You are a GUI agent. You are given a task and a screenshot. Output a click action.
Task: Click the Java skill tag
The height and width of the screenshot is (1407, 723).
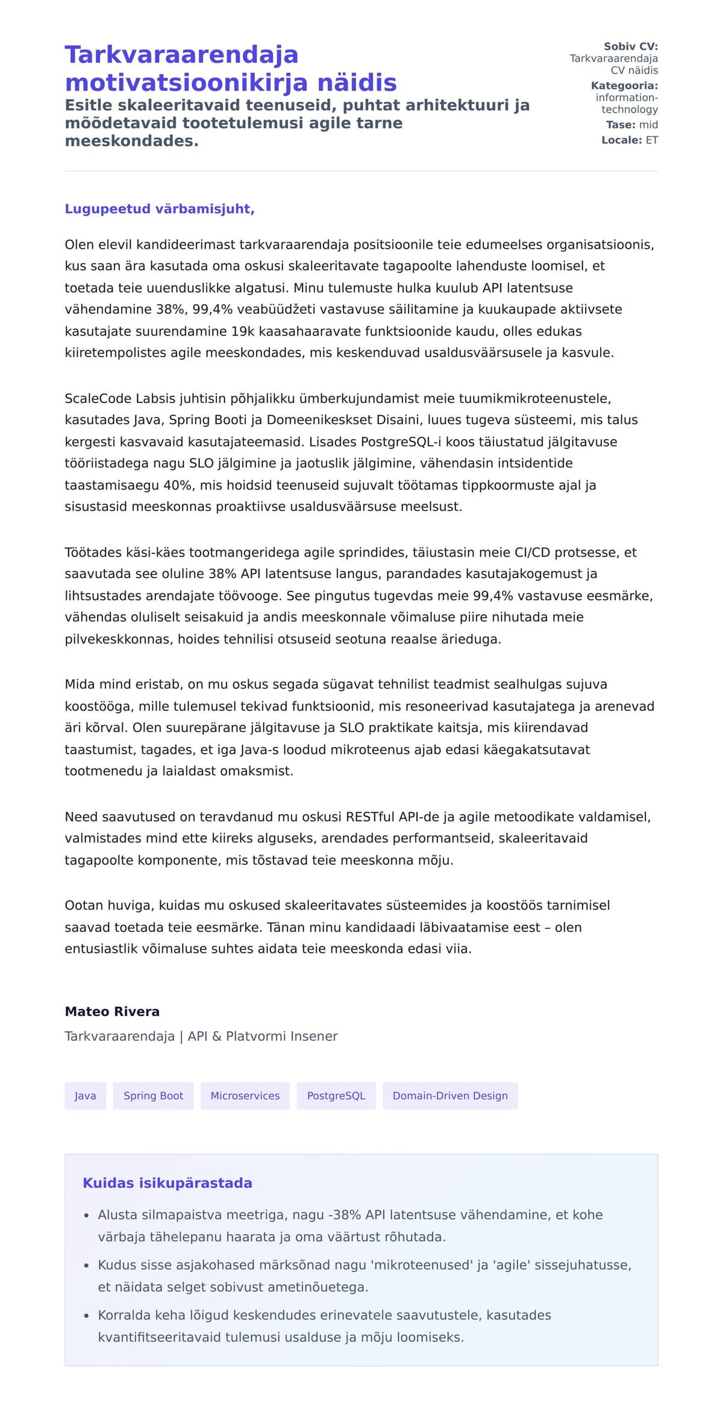85,1096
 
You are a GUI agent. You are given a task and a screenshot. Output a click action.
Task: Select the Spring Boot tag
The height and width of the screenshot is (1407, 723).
153,1096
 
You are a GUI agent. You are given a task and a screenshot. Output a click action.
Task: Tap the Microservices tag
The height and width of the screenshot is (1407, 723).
245,1096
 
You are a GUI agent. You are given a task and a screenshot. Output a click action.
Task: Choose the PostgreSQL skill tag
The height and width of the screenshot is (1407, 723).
336,1096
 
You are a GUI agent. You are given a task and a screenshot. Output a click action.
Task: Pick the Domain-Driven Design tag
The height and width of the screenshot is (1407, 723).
450,1096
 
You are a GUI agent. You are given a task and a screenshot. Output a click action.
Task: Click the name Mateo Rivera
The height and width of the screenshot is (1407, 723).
112,1011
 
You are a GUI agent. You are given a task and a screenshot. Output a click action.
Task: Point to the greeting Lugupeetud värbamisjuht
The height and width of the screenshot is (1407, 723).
160,209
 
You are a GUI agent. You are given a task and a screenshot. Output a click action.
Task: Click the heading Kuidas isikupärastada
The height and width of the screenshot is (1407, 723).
167,1183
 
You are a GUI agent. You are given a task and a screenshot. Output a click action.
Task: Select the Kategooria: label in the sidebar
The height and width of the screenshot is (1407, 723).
624,86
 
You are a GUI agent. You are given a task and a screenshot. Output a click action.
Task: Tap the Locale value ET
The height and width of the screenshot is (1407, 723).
652,140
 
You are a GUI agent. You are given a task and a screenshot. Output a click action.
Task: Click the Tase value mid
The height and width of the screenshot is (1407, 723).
648,125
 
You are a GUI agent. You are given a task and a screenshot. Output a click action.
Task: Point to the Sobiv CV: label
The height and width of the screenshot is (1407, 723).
631,46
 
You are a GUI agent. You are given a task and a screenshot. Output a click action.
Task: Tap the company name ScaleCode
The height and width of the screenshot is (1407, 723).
98,399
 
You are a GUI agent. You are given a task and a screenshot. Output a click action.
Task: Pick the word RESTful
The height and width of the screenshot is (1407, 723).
370,817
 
